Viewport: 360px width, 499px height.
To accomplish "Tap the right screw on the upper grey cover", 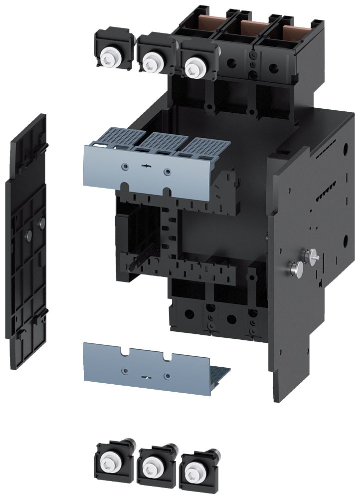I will coord(167,172).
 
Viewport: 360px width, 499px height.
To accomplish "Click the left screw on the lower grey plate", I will coord(125,370).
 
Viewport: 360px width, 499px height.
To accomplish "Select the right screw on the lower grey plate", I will coord(167,375).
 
